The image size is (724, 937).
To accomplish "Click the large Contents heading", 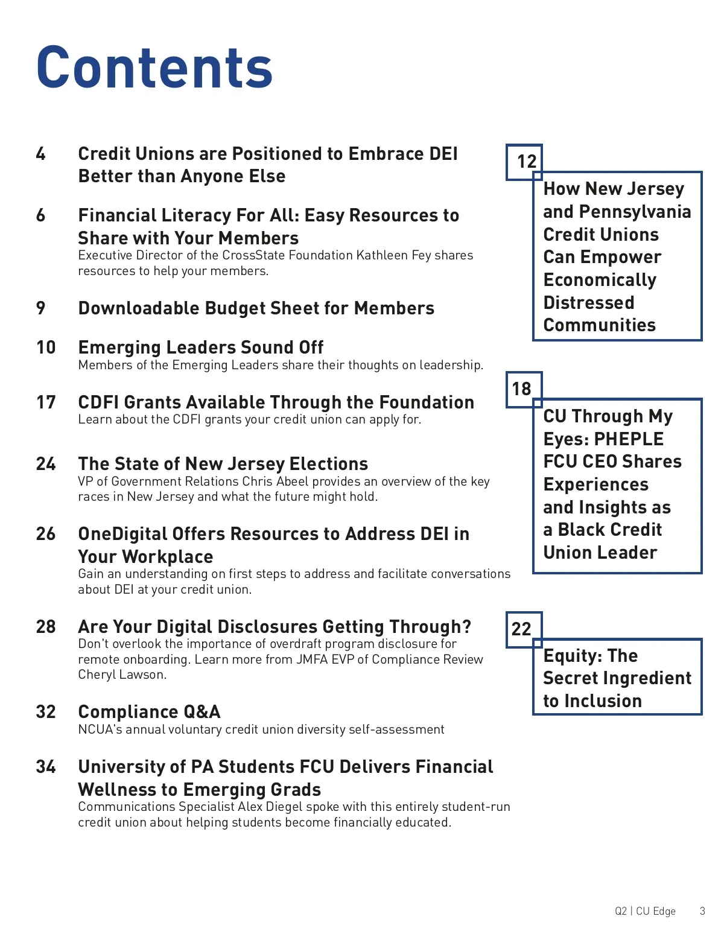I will pos(154,67).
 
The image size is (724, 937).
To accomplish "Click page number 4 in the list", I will pos(40,154).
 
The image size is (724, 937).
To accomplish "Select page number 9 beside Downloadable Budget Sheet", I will pos(40,308).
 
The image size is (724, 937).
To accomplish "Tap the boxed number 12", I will pos(526,162).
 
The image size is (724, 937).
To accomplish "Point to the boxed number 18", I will pos(521,389).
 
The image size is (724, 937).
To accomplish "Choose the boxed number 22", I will pos(521,629).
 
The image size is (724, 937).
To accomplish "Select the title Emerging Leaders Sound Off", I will pos(201,348).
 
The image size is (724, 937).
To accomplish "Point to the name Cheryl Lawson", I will pos(121,675).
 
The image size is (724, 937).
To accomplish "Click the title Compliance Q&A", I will pos(149,712).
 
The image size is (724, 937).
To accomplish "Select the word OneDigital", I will pos(122,534).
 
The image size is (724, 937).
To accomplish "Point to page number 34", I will pos(46,767).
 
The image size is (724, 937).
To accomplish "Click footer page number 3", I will pos(702,911).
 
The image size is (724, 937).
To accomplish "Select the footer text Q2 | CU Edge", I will pos(645,911).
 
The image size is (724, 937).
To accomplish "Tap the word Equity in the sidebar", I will pos(571,656).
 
